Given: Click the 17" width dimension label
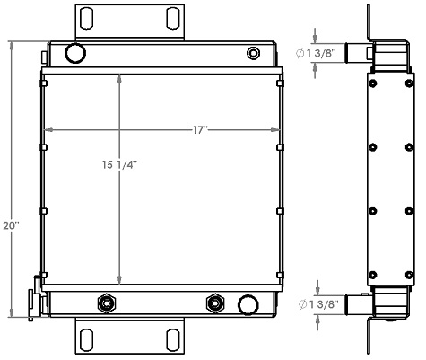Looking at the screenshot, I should [x=199, y=131].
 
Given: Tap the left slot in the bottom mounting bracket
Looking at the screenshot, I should [x=87, y=338].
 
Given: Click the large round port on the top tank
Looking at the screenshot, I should [x=74, y=53].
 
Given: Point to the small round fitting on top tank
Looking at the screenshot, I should [x=253, y=54].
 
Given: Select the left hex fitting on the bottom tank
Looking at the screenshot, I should [x=109, y=302].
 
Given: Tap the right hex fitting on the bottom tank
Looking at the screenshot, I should [x=215, y=302].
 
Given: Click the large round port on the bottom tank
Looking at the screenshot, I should [x=247, y=305].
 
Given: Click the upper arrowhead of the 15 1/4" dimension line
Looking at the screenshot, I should [x=121, y=77].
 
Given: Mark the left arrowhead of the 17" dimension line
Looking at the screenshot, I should [x=48, y=131].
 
